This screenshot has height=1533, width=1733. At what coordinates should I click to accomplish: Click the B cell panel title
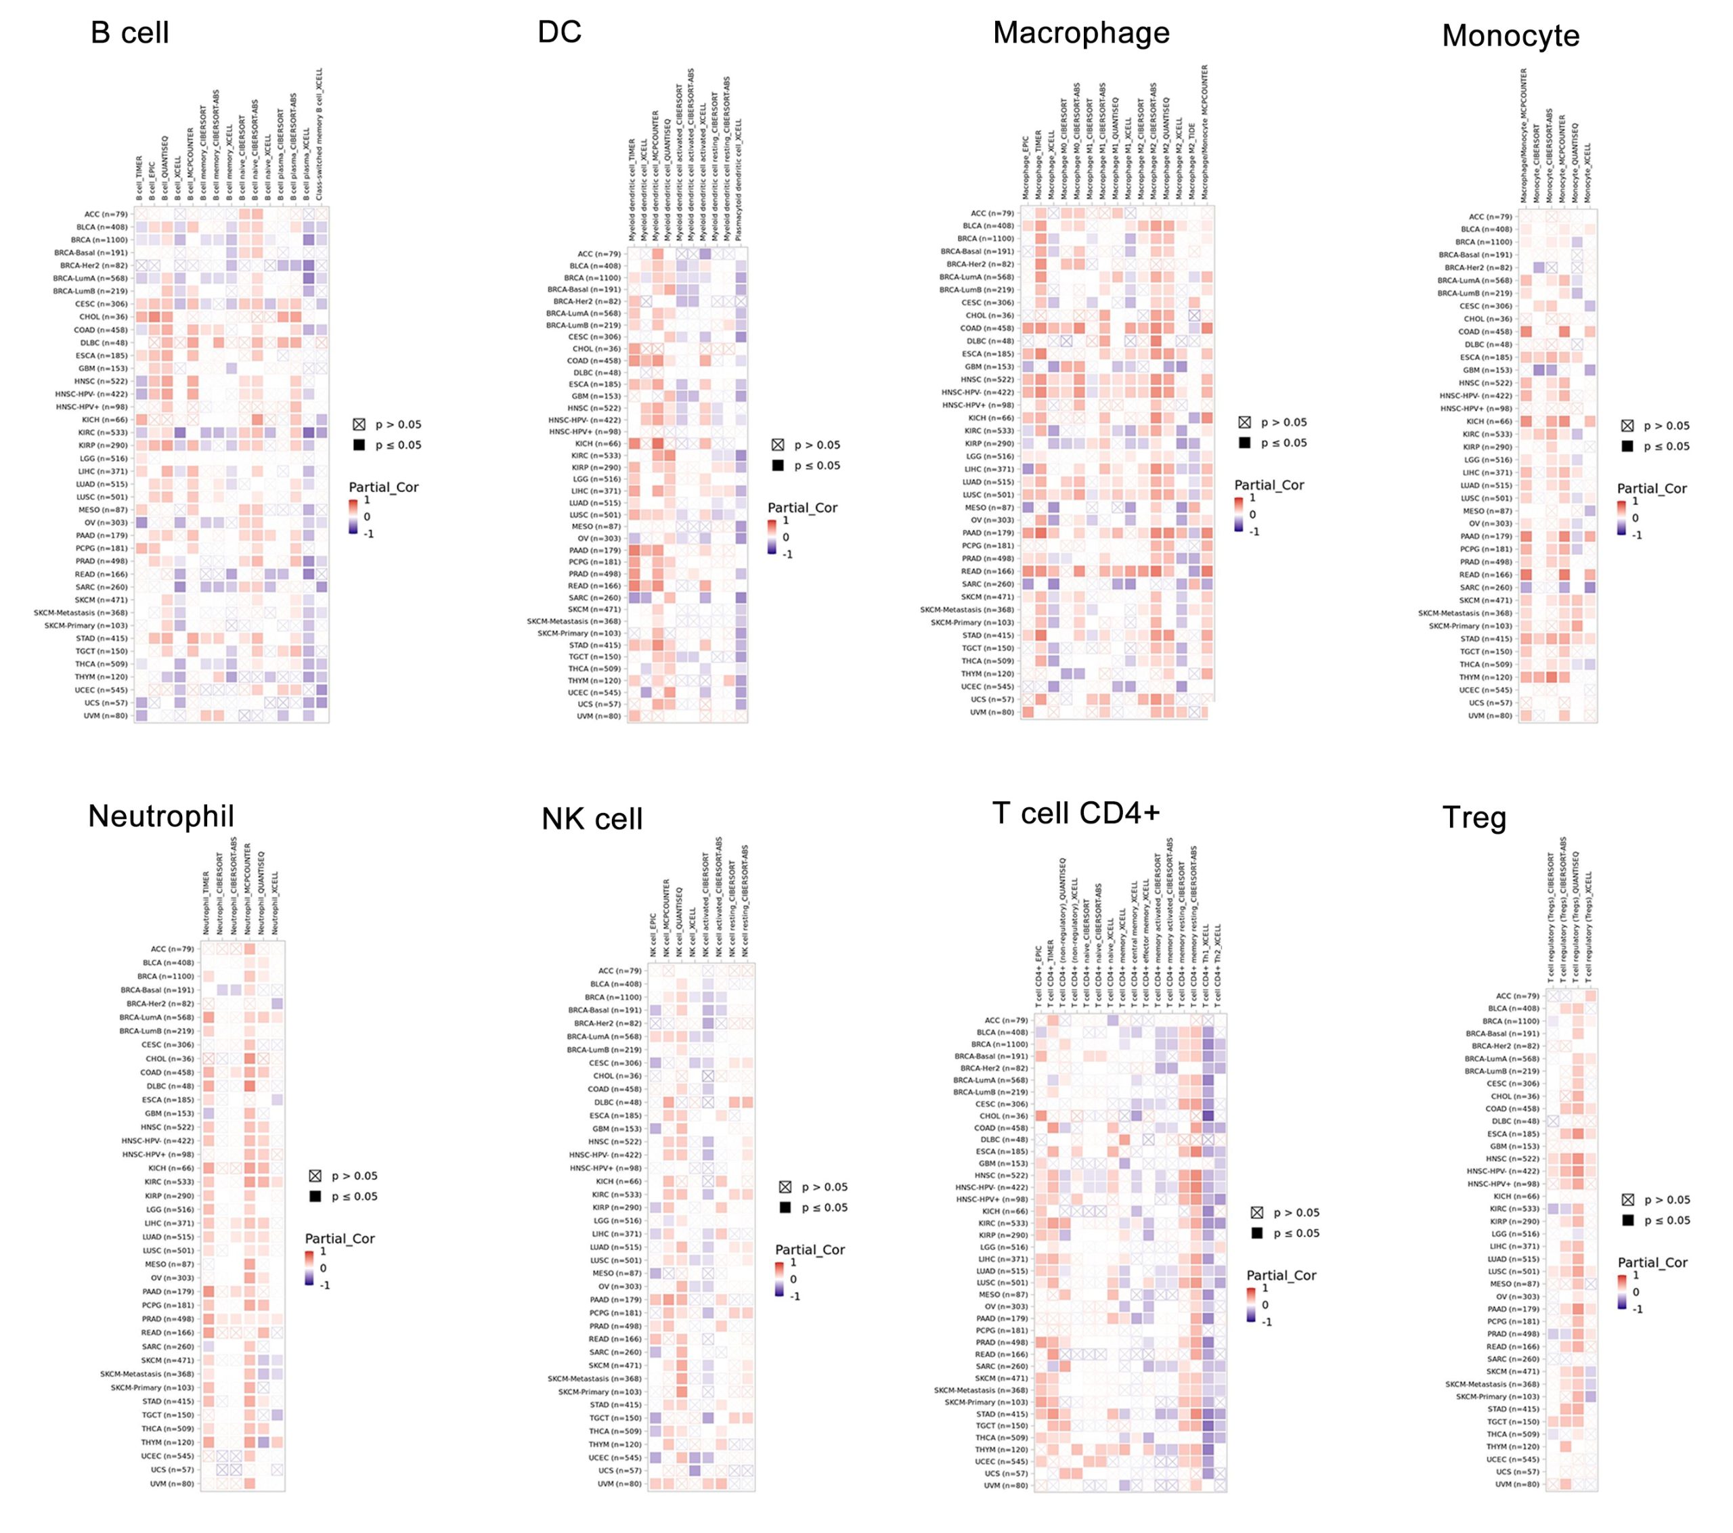(x=130, y=33)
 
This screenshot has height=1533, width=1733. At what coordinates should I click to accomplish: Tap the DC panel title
(x=560, y=32)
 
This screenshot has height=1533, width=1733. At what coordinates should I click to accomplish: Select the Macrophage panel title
(x=1081, y=33)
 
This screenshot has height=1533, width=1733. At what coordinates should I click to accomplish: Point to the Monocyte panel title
(x=1510, y=36)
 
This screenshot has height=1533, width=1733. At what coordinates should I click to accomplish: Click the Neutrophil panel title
(x=161, y=816)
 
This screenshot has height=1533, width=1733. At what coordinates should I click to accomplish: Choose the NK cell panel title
(x=592, y=819)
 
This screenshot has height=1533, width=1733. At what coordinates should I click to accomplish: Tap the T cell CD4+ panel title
(x=1075, y=812)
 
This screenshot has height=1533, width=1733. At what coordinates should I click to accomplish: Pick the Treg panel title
(x=1474, y=818)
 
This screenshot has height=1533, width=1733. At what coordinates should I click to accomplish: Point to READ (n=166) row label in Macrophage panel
(x=988, y=571)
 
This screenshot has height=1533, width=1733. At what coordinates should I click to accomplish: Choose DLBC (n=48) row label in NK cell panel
(x=618, y=1103)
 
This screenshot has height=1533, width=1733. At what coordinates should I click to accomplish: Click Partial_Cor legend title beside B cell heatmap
(x=383, y=487)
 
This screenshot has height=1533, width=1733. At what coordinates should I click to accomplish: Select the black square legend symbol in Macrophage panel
(x=1244, y=443)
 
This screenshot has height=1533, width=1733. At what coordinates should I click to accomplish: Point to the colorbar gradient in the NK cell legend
(x=779, y=1279)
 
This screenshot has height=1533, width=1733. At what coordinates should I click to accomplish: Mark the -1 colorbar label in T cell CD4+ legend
(x=1266, y=1322)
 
